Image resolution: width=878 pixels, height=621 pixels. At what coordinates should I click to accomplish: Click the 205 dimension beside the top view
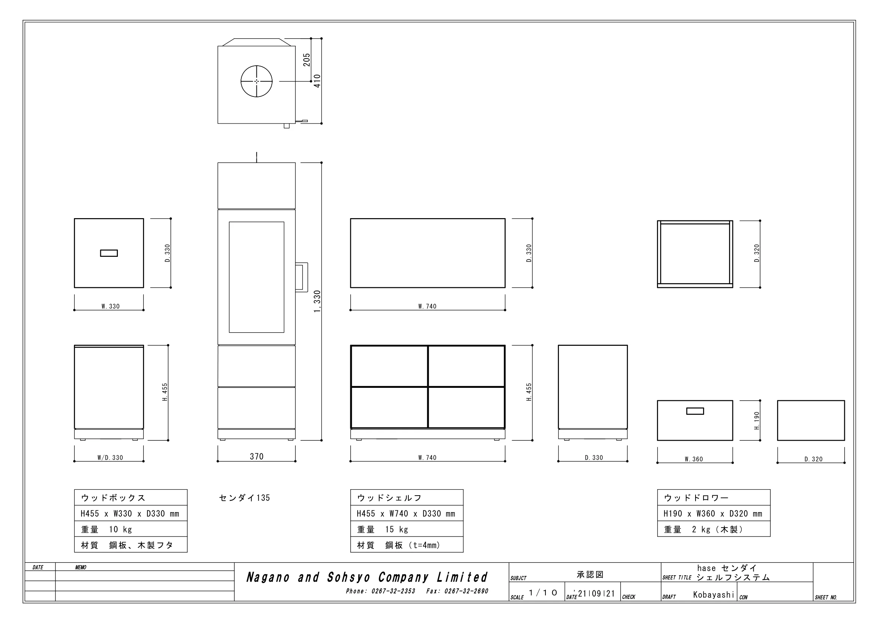pyautogui.click(x=307, y=60)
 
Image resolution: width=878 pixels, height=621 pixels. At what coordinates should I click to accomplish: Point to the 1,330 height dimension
pyautogui.click(x=317, y=301)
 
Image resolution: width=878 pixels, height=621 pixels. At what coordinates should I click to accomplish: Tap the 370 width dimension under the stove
pyautogui.click(x=257, y=457)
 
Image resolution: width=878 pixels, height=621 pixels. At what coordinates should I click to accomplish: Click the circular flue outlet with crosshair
pyautogui.click(x=257, y=81)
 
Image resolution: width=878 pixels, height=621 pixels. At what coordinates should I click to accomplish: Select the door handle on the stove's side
pyautogui.click(x=302, y=277)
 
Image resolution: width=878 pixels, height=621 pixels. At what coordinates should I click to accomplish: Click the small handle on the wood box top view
pyautogui.click(x=109, y=253)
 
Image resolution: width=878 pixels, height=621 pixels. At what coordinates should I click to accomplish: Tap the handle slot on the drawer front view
pyautogui.click(x=695, y=411)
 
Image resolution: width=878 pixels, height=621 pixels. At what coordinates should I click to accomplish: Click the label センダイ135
pyautogui.click(x=244, y=498)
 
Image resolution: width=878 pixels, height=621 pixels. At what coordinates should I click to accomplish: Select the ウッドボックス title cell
pyautogui.click(x=131, y=497)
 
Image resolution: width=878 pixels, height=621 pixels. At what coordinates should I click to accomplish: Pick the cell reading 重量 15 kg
pyautogui.click(x=407, y=529)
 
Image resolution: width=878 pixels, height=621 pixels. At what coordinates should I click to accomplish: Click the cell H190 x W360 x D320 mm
pyautogui.click(x=714, y=514)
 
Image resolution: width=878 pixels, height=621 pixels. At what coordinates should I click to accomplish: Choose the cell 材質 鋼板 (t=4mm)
pyautogui.click(x=407, y=545)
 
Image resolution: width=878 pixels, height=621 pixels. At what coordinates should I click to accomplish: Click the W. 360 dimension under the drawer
pyautogui.click(x=694, y=459)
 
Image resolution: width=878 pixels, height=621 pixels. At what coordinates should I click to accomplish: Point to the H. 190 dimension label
pyautogui.click(x=757, y=421)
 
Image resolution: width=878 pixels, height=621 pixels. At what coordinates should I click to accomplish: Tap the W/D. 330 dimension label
pyautogui.click(x=110, y=458)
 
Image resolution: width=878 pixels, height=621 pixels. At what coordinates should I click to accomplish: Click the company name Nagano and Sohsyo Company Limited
pyautogui.click(x=367, y=577)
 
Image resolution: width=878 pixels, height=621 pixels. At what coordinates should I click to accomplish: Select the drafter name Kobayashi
pyautogui.click(x=714, y=595)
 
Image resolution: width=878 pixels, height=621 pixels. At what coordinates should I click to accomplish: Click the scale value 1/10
pyautogui.click(x=543, y=593)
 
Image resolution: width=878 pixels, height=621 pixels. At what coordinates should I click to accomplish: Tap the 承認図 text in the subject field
pyautogui.click(x=590, y=574)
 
